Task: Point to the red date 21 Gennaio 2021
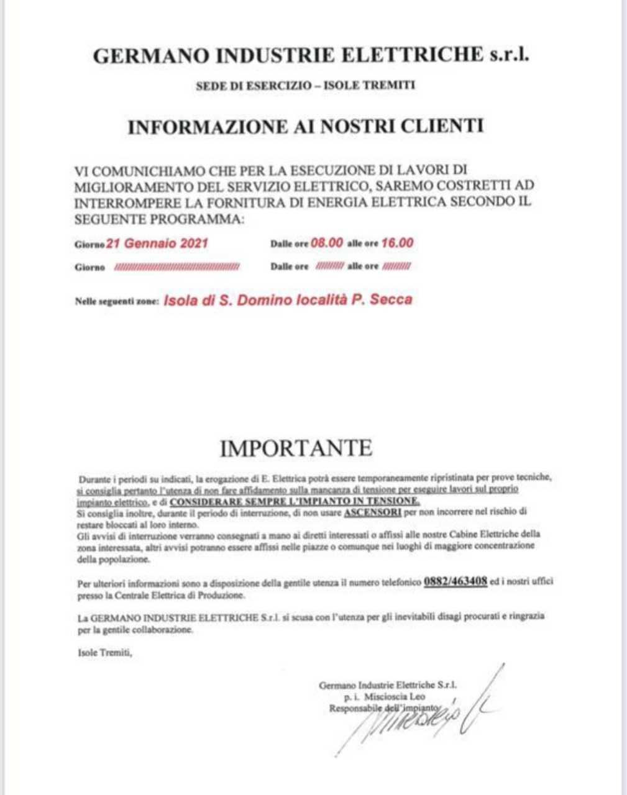tap(157, 243)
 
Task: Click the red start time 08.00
tap(326, 243)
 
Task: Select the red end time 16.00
tap(397, 243)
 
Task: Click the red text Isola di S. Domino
tap(236, 301)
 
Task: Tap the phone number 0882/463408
tap(455, 583)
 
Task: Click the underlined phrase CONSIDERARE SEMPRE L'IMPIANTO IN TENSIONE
tap(295, 501)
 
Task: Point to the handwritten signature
tap(416, 714)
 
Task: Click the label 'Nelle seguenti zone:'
tap(117, 301)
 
